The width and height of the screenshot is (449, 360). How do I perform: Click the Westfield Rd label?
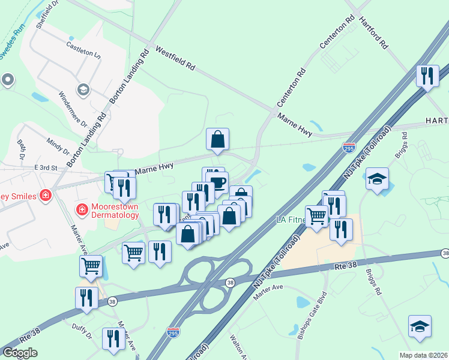tap(176, 58)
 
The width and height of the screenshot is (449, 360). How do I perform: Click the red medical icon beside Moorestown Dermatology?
tap(82, 209)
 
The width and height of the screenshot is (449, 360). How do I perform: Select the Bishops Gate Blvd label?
tap(312, 316)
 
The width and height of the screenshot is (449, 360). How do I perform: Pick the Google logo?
tap(20, 353)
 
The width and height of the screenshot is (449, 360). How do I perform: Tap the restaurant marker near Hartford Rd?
tap(427, 76)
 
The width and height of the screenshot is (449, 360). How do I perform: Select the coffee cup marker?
tap(217, 181)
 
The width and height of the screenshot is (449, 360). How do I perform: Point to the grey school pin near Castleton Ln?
tap(83, 90)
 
